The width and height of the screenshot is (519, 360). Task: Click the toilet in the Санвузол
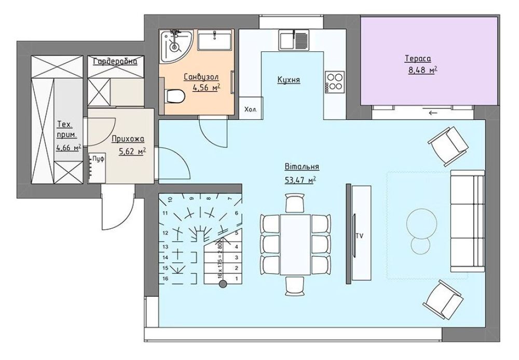175,96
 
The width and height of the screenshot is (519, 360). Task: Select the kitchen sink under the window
293,40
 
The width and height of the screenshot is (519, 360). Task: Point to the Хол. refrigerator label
250,109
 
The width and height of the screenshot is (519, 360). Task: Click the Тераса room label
418,59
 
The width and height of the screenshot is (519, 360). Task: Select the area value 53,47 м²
301,179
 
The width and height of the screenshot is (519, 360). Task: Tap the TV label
360,236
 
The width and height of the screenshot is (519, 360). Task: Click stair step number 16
166,279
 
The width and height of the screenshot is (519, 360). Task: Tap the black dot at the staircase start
223,284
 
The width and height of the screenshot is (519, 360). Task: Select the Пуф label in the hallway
98,159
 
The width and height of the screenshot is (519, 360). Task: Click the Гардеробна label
115,61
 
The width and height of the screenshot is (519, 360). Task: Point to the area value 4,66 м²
69,147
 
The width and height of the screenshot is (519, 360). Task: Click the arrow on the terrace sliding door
433,113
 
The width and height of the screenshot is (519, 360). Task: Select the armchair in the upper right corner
448,146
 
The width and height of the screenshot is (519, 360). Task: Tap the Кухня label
289,80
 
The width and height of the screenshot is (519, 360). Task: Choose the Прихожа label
128,139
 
